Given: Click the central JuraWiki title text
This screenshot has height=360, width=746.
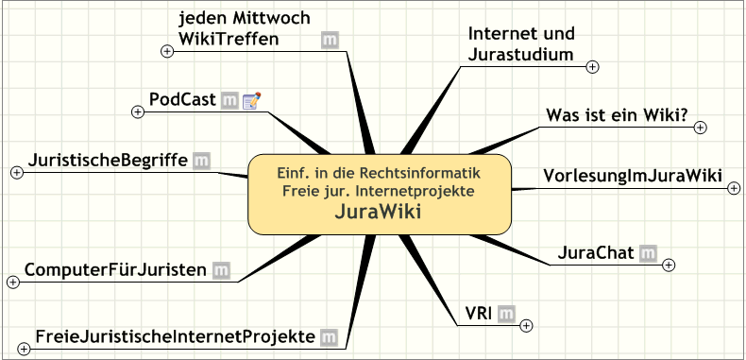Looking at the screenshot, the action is point(379,212).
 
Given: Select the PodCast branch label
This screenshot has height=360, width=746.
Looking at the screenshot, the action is point(182,99).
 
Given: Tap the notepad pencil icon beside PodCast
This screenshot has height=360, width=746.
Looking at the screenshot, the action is point(252,100).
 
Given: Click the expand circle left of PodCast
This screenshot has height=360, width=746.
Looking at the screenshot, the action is point(138,111).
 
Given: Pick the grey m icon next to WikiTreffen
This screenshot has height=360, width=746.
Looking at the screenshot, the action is point(330,40).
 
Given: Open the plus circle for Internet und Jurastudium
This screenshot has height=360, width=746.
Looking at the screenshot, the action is point(592,67).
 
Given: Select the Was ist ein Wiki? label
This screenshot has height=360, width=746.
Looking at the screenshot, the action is point(618,114).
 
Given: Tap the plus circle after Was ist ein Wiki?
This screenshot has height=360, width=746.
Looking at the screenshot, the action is point(701,128).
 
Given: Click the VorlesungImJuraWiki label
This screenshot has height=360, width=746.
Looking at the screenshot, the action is point(633,176).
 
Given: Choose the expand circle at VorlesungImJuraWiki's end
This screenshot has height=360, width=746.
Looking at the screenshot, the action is point(734,189).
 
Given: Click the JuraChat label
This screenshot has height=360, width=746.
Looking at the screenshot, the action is point(596,253).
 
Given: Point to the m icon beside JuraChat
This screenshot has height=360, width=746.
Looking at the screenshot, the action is point(648,253).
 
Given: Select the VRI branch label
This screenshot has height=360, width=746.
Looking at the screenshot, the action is point(478,314).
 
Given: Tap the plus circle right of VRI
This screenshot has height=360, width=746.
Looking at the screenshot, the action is point(526,326).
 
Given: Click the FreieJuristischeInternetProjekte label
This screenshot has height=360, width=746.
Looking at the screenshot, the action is point(175,336).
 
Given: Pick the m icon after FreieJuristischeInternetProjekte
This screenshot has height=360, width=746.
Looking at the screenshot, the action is point(329,337).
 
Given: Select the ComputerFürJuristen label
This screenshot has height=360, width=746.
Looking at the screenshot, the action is point(115,270).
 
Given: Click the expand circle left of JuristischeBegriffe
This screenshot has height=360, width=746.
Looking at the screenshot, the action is point(17,172).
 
